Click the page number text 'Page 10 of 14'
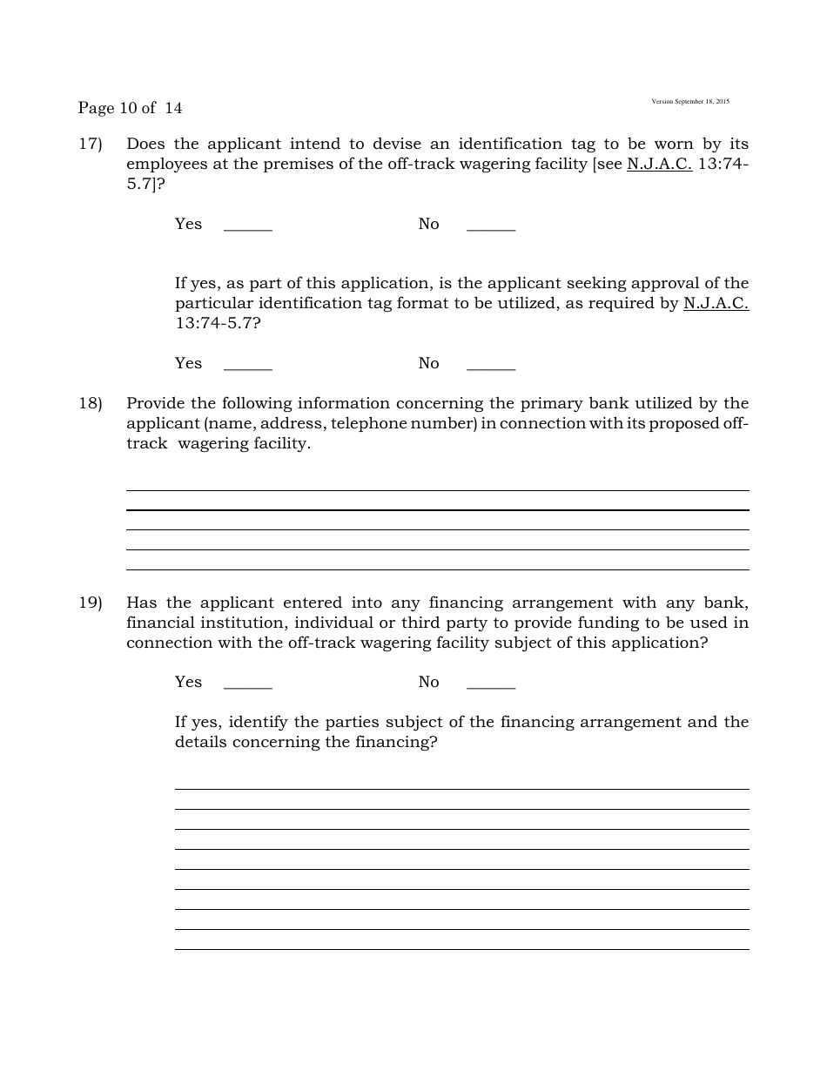(130, 108)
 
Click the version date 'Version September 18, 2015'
(690, 102)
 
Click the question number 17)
(91, 144)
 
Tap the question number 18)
(91, 403)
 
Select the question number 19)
(91, 603)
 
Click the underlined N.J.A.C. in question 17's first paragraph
(659, 164)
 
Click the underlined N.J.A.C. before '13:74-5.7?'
(716, 303)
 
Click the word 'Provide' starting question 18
(153, 403)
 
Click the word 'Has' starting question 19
(141, 603)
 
